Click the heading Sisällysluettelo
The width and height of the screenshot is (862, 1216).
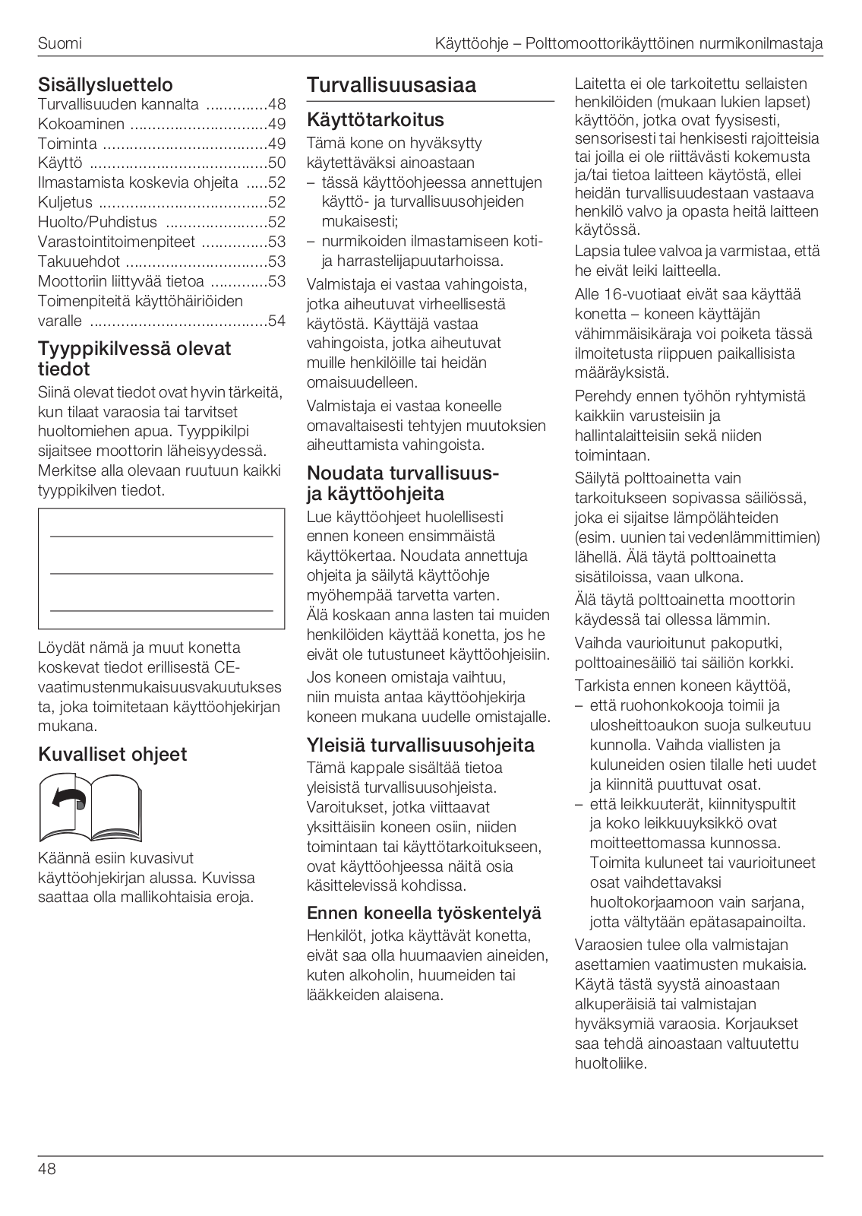tap(106, 84)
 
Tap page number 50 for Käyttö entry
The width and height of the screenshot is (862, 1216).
tap(277, 163)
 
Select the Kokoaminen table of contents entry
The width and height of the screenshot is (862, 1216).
tap(81, 124)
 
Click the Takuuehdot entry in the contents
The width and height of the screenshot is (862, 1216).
tap(80, 261)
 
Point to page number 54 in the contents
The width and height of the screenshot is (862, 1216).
tap(277, 321)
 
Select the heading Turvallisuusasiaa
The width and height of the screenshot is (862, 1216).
tap(391, 85)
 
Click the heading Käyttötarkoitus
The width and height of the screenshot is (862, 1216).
tap(375, 120)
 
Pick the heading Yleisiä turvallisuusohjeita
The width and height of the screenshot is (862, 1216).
tap(420, 745)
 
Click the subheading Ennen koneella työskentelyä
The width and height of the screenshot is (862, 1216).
tap(424, 913)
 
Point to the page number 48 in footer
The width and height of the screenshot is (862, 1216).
tap(47, 1169)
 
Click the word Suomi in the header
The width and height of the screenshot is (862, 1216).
tap(59, 43)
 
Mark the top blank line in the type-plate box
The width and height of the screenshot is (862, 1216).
tap(161, 537)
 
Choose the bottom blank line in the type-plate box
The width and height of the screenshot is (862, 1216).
tap(161, 610)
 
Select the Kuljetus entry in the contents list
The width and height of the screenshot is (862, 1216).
tap(65, 202)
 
